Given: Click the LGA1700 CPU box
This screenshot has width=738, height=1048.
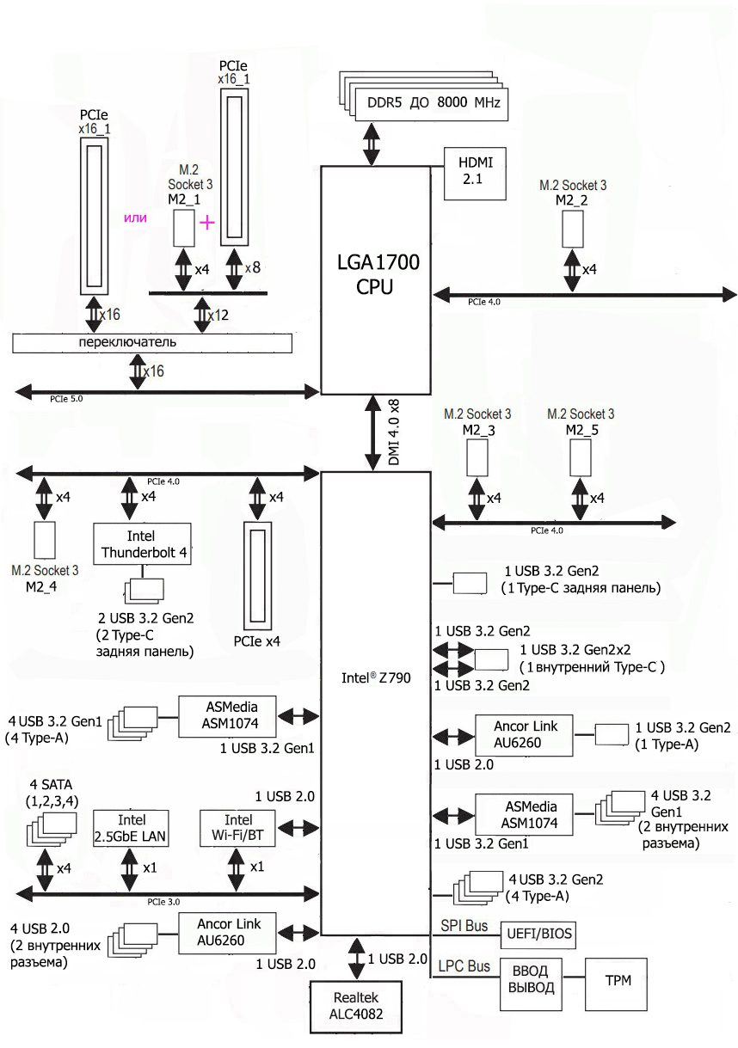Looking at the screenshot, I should tap(375, 275).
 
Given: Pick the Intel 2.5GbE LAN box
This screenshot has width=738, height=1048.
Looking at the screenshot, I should tap(126, 827).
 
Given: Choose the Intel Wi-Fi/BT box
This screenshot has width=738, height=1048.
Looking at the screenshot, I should tap(237, 827).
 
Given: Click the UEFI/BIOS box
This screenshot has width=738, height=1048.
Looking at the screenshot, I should tap(540, 934).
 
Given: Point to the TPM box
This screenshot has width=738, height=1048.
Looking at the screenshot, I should tap(617, 980).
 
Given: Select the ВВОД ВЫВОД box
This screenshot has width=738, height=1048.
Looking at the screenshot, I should tap(531, 980).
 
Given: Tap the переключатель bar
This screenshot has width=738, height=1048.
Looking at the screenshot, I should tap(152, 342).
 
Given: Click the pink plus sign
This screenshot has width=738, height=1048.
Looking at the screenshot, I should tap(207, 222).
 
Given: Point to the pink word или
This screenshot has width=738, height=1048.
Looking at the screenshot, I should tap(136, 218).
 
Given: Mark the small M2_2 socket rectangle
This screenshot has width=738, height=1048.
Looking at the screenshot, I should tap(574, 228).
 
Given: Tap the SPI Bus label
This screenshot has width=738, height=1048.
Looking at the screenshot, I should tap(464, 926).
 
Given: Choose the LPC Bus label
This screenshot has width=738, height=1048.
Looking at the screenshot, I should tap(464, 966).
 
